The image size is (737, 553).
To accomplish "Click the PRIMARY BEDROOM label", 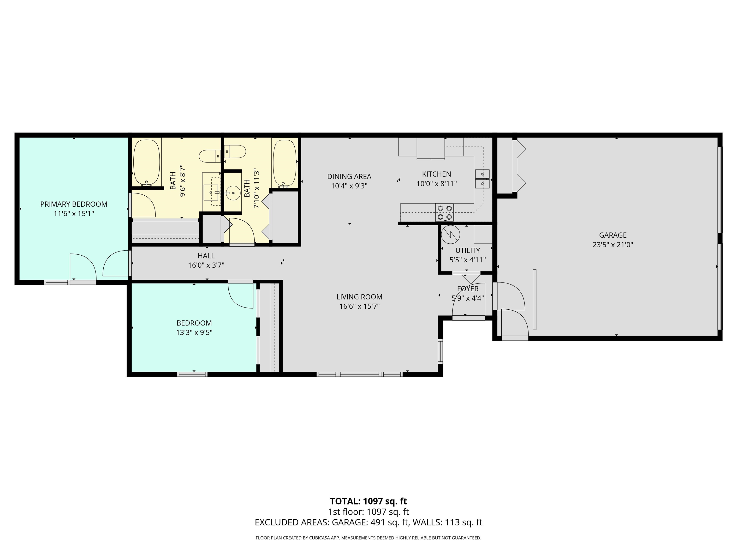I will (x=74, y=204).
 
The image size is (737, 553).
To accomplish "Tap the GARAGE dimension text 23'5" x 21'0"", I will (x=612, y=245).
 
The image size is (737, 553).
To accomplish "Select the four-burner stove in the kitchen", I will (x=445, y=212).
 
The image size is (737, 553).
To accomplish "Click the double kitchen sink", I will (x=482, y=179).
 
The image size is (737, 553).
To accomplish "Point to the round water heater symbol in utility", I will (x=450, y=234).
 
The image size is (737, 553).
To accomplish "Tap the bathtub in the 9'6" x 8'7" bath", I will (x=146, y=163).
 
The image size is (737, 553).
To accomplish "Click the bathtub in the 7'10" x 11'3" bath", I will (x=284, y=163).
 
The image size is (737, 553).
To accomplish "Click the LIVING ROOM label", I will (x=359, y=297).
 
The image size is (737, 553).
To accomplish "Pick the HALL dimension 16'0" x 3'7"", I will (x=206, y=265).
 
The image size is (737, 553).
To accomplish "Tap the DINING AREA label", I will (x=349, y=176).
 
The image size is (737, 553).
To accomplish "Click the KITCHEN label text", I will (x=436, y=174).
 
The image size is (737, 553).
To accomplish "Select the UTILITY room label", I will (x=467, y=250).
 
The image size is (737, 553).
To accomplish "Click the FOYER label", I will (x=467, y=289).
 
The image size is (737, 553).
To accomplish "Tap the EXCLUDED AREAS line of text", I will (x=368, y=522).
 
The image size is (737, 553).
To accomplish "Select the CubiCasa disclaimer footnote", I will (x=368, y=538).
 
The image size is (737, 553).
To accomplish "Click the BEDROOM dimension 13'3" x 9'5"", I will (x=194, y=332).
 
